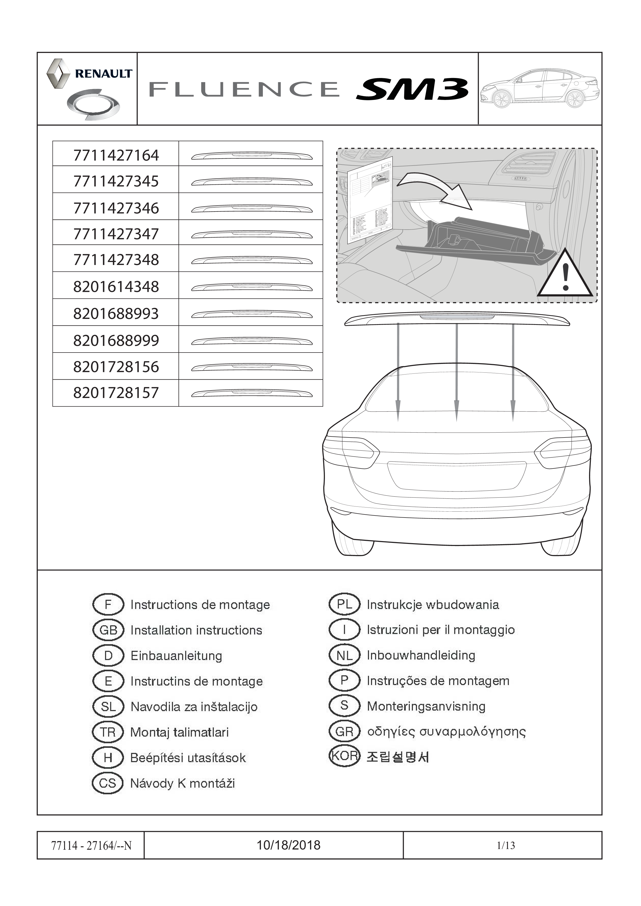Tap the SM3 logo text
(x=412, y=89)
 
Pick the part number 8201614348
(x=116, y=286)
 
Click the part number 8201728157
(x=116, y=393)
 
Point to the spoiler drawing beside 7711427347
(x=251, y=235)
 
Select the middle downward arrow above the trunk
(x=456, y=372)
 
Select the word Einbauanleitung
(x=176, y=656)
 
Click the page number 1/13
(x=506, y=845)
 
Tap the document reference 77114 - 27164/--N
(x=91, y=845)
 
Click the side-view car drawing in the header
(x=540, y=89)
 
